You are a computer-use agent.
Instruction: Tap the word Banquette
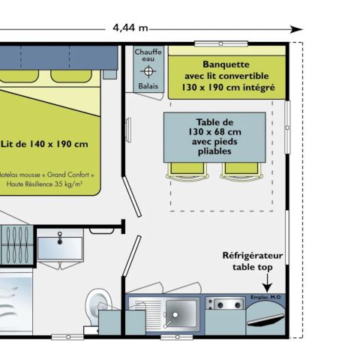tap(226, 64)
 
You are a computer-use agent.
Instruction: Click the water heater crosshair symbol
tap(148, 71)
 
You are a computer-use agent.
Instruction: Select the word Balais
tap(148, 86)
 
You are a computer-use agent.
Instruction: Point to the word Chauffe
tap(148, 52)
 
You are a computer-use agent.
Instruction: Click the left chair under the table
tap(186, 170)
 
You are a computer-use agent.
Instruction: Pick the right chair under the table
tap(237, 170)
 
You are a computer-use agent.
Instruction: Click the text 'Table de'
tap(215, 122)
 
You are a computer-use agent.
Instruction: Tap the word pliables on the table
tap(215, 151)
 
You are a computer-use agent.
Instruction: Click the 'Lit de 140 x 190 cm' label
tap(45, 144)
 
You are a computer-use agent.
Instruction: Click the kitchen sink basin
tap(180, 310)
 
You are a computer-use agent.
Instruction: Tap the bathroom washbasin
tap(58, 244)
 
